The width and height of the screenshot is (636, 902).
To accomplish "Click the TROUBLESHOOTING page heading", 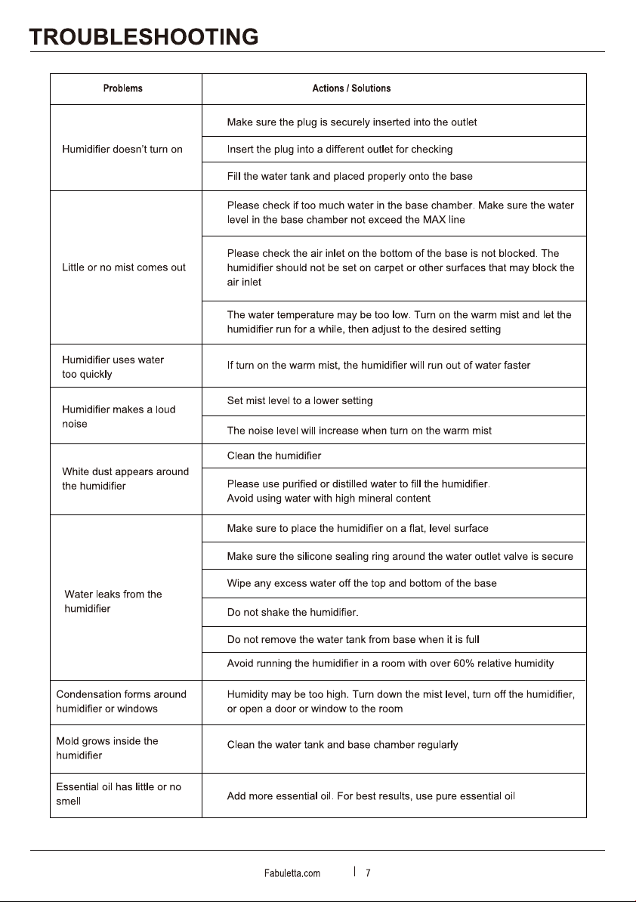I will (144, 37).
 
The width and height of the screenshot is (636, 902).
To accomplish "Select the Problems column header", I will (122, 88).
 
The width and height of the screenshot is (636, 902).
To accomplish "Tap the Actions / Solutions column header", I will (351, 88).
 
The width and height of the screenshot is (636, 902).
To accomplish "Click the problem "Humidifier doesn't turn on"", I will (122, 149).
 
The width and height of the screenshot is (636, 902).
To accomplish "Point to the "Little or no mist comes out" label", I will (124, 267).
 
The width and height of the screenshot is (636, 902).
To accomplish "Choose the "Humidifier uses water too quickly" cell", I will (113, 366).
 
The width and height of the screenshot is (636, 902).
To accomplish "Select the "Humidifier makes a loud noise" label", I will (119, 416).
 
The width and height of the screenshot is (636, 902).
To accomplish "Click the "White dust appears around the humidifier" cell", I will (125, 479).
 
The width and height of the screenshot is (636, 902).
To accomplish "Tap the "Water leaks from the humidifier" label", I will (113, 601).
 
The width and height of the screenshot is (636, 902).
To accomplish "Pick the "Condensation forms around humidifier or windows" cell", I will (122, 701).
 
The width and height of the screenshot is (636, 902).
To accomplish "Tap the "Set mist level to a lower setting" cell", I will (300, 400).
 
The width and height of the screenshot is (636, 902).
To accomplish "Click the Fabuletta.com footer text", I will (292, 873).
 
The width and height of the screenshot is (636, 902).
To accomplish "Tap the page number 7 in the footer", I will (368, 873).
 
